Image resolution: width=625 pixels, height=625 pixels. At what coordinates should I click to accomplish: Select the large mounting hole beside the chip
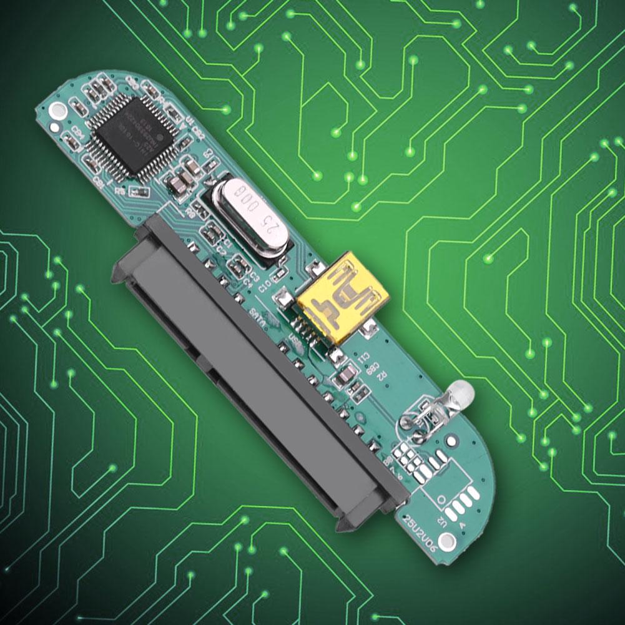(58, 112)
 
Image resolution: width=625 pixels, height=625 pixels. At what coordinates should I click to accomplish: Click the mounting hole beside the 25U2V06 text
(447, 539)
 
